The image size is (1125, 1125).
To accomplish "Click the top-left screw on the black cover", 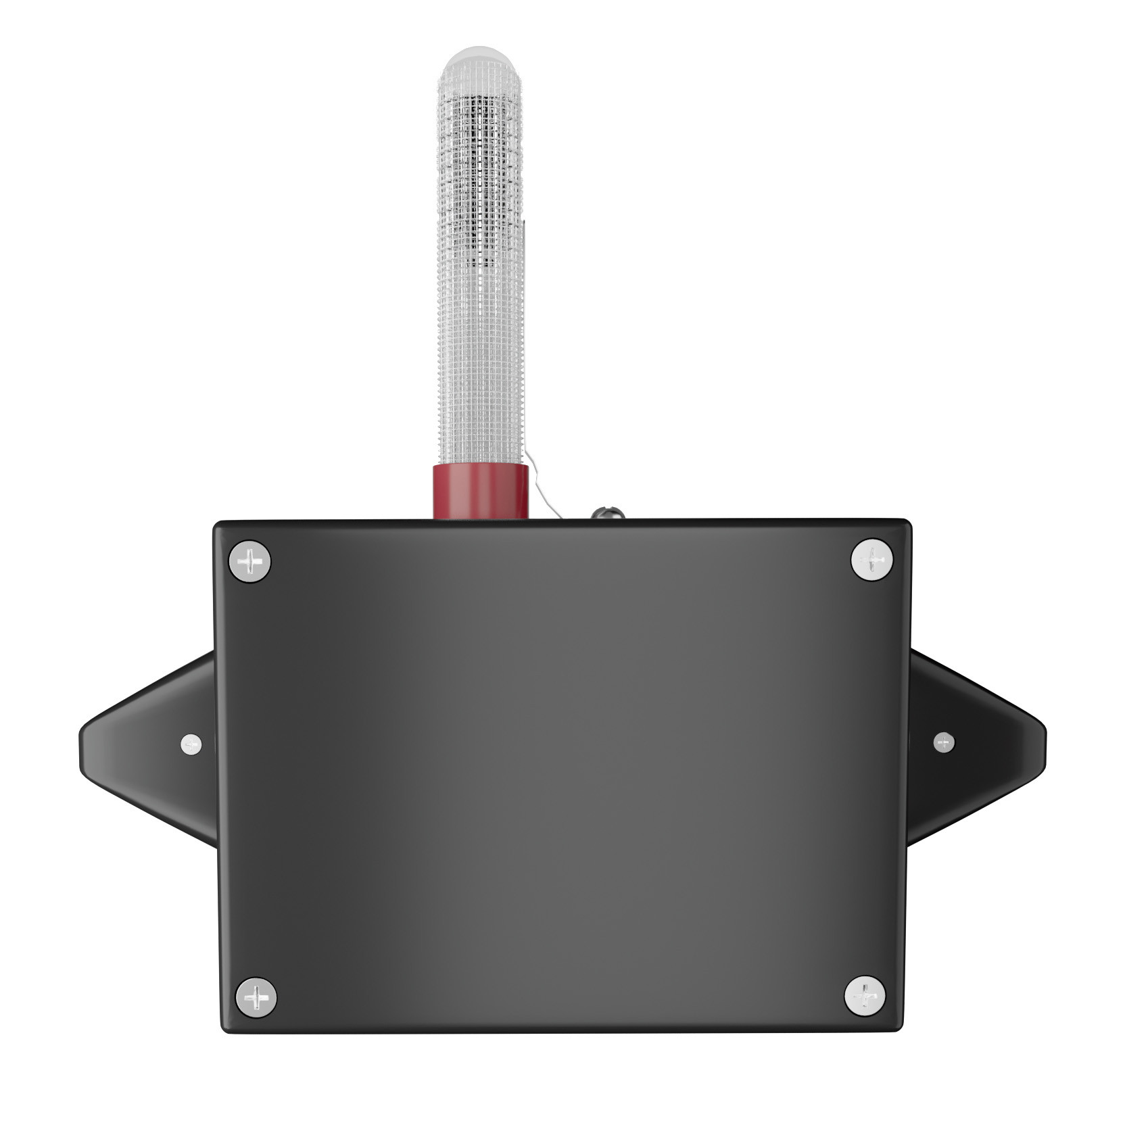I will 249,561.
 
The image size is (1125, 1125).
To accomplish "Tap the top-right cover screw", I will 871,560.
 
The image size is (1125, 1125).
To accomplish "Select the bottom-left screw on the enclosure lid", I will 256,997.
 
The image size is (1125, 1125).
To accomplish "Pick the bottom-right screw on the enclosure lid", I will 865,996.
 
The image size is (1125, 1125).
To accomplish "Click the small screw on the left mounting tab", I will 191,744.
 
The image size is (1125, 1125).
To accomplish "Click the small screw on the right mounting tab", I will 944,742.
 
